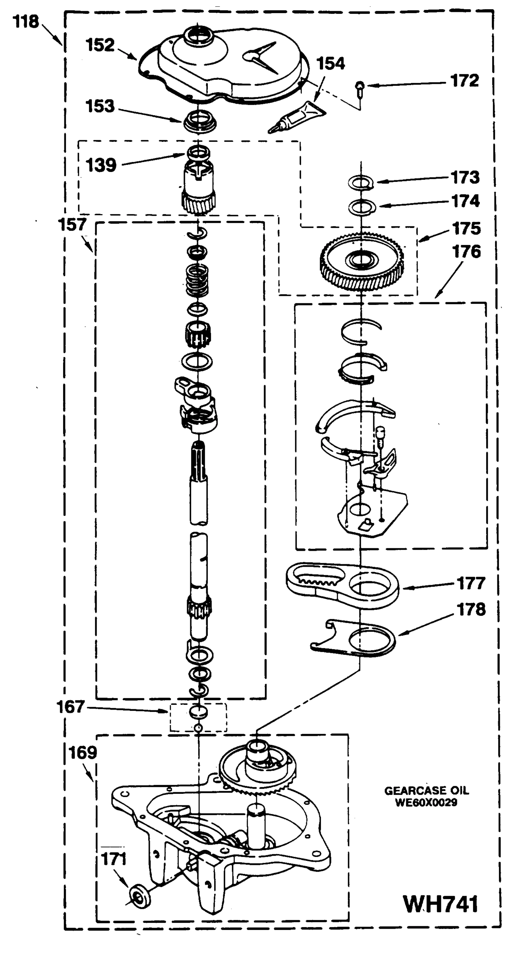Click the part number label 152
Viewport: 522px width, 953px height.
click(100, 45)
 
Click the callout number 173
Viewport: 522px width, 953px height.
click(465, 177)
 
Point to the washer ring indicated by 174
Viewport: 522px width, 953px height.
click(362, 206)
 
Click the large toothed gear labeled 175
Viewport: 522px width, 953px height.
click(362, 263)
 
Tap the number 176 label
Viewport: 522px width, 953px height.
click(466, 252)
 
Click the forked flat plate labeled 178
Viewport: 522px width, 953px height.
click(354, 638)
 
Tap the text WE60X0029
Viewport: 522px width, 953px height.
click(426, 803)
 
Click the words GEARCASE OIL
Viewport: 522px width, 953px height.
click(426, 790)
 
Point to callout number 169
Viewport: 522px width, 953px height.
click(83, 752)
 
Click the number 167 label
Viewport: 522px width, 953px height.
click(70, 707)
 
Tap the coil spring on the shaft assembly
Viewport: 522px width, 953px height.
click(197, 280)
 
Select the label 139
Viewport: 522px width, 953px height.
click(101, 165)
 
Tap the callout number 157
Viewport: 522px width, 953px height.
click(72, 225)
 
